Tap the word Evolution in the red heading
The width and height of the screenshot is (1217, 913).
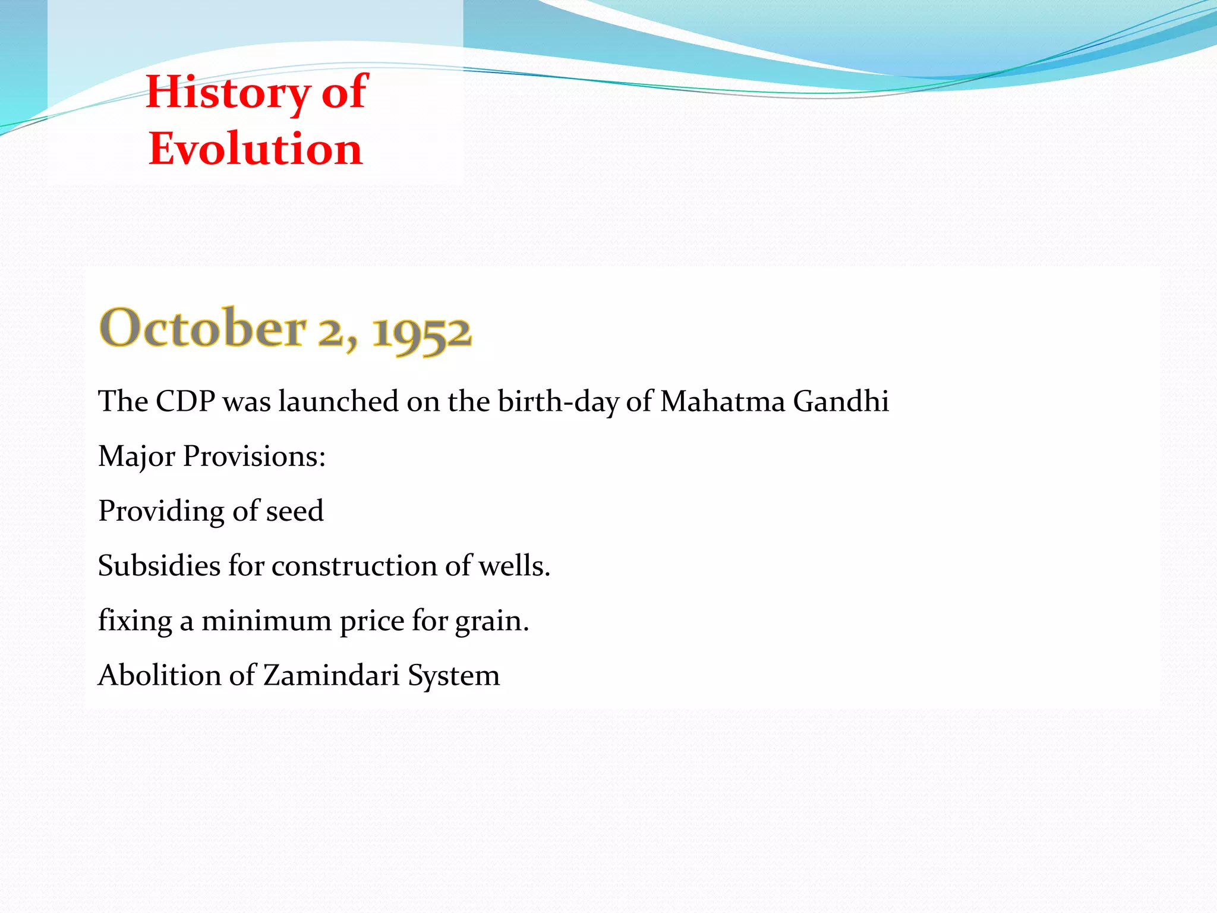[x=256, y=149]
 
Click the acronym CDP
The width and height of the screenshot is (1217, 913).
[x=185, y=401]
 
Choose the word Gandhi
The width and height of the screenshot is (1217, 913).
[x=841, y=401]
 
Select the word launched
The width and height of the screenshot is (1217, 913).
[x=339, y=401]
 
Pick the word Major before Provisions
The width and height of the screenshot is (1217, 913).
[x=137, y=456]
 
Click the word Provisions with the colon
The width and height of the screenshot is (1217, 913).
[x=254, y=456]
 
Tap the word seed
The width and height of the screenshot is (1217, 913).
[x=295, y=511]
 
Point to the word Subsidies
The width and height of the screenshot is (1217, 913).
[x=159, y=566]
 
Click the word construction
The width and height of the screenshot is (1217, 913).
[x=354, y=566]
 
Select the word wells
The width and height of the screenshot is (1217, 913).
[x=514, y=566]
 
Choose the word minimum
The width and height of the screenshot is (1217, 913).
[x=266, y=621]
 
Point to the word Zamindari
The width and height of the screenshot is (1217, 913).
[x=331, y=676]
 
